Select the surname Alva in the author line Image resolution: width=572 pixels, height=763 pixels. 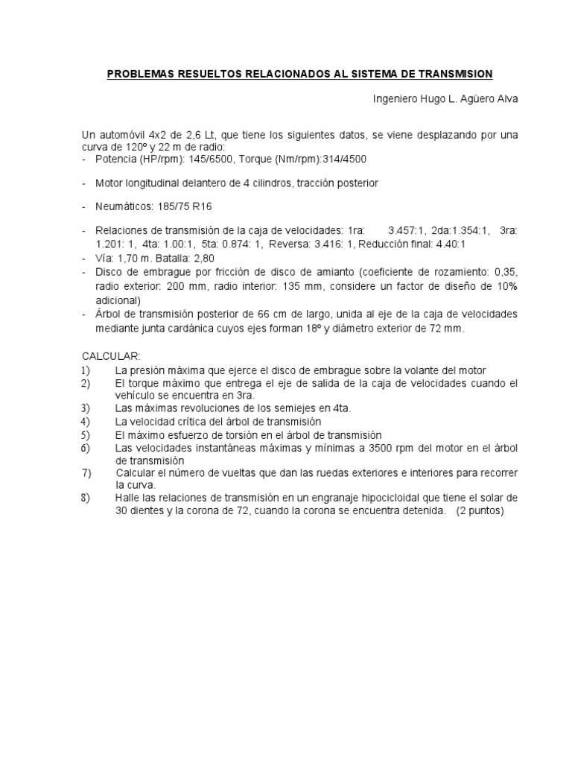(504, 98)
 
